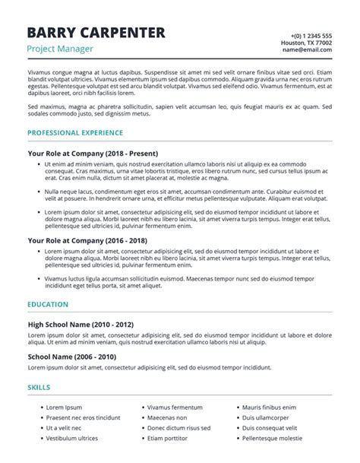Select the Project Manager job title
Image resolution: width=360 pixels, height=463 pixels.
[60, 49]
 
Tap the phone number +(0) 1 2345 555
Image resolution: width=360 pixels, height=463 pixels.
[311, 36]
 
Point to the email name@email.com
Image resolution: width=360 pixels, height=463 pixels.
[308, 51]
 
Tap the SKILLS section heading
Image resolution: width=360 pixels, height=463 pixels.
[39, 387]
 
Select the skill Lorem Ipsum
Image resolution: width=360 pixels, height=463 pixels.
[64, 408]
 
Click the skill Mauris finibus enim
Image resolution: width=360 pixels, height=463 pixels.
[272, 408]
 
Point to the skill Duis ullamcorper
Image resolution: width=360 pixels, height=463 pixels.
[265, 417]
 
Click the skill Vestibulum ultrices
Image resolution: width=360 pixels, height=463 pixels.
[72, 438]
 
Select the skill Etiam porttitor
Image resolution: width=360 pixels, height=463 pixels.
[167, 438]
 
